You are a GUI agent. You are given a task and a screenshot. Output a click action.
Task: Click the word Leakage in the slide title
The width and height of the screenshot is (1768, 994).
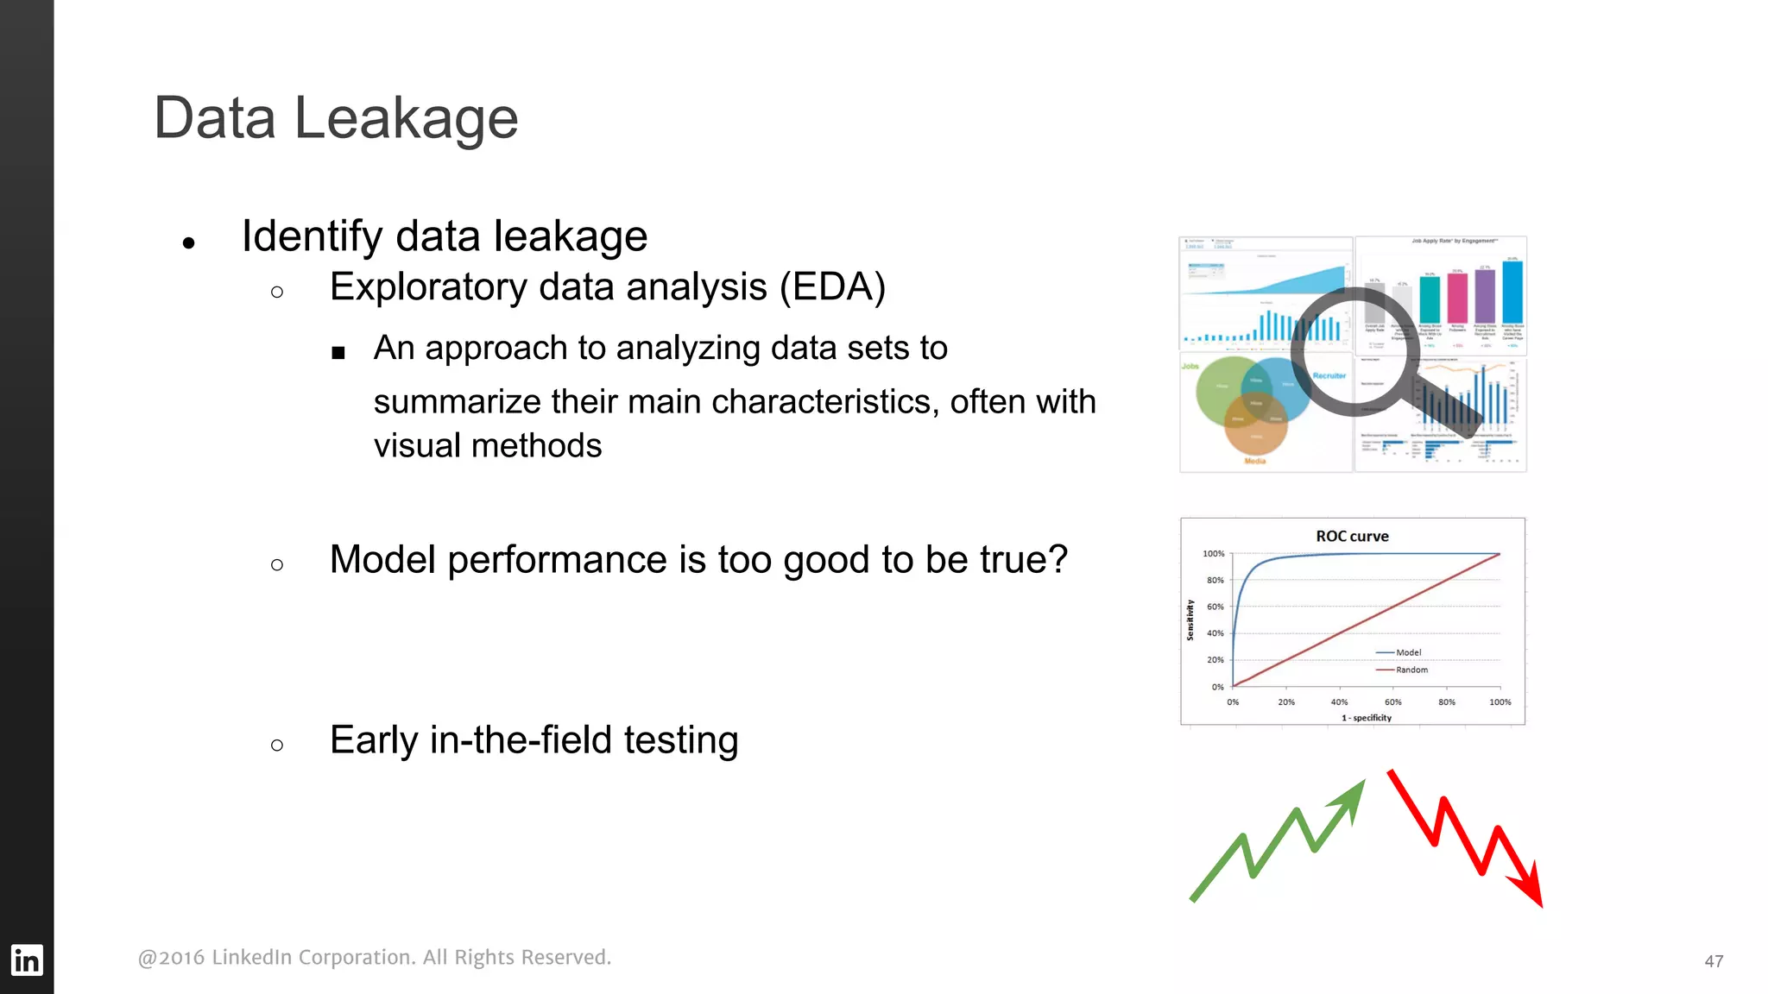pos(406,118)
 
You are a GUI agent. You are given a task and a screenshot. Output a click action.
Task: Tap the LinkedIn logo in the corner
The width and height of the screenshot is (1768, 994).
pos(26,959)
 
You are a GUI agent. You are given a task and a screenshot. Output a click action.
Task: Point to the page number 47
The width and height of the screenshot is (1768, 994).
pos(1714,961)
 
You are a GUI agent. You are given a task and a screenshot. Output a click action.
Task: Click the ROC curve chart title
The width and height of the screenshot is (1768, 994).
pos(1352,536)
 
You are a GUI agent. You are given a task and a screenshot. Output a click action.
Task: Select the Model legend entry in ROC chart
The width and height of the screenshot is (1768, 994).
pos(1407,652)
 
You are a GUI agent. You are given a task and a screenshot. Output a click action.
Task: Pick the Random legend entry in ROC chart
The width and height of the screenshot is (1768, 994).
pos(1411,670)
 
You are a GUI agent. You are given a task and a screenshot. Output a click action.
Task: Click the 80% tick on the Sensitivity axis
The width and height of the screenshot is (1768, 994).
pos(1215,580)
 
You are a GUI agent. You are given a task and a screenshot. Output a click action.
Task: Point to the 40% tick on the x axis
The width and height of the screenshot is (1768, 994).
pos(1339,702)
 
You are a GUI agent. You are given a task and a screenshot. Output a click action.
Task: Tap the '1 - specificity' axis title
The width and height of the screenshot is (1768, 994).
pos(1367,718)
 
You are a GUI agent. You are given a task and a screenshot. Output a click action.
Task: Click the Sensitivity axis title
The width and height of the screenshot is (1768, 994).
pos(1190,620)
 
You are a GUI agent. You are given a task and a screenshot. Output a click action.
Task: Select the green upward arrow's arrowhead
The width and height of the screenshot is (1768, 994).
pos(1350,797)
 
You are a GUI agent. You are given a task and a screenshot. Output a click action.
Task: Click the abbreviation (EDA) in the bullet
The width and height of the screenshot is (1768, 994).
pos(832,287)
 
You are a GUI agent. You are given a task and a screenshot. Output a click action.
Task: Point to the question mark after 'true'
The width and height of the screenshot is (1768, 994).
pos(1058,560)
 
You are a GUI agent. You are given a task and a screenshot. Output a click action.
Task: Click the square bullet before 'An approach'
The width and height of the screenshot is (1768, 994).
pos(338,352)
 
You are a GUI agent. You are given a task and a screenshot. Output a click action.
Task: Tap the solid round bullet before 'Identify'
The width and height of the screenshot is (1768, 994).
pos(189,243)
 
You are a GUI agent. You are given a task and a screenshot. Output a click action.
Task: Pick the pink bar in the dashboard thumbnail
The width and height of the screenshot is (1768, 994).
pos(1457,298)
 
